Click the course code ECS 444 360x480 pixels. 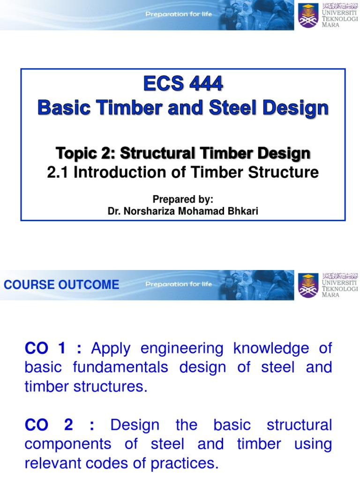[183, 85]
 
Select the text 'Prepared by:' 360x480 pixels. [183, 200]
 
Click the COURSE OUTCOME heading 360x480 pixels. [61, 285]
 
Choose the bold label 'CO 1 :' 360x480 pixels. [53, 348]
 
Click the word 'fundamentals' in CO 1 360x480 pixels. [120, 367]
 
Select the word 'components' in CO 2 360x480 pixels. [67, 444]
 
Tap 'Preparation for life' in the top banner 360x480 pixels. [179, 15]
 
